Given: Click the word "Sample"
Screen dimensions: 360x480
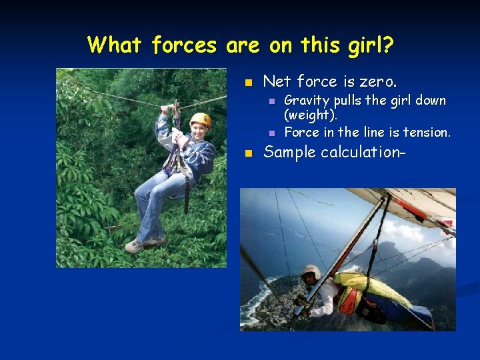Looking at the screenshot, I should coord(289,152).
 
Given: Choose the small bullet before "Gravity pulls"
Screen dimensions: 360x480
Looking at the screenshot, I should coord(271,101).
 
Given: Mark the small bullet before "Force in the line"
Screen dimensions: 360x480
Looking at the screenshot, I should coord(271,133).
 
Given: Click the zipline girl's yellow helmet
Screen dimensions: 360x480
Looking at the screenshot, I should coord(199,119).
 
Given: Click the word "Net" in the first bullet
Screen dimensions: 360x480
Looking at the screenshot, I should coord(277,82).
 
